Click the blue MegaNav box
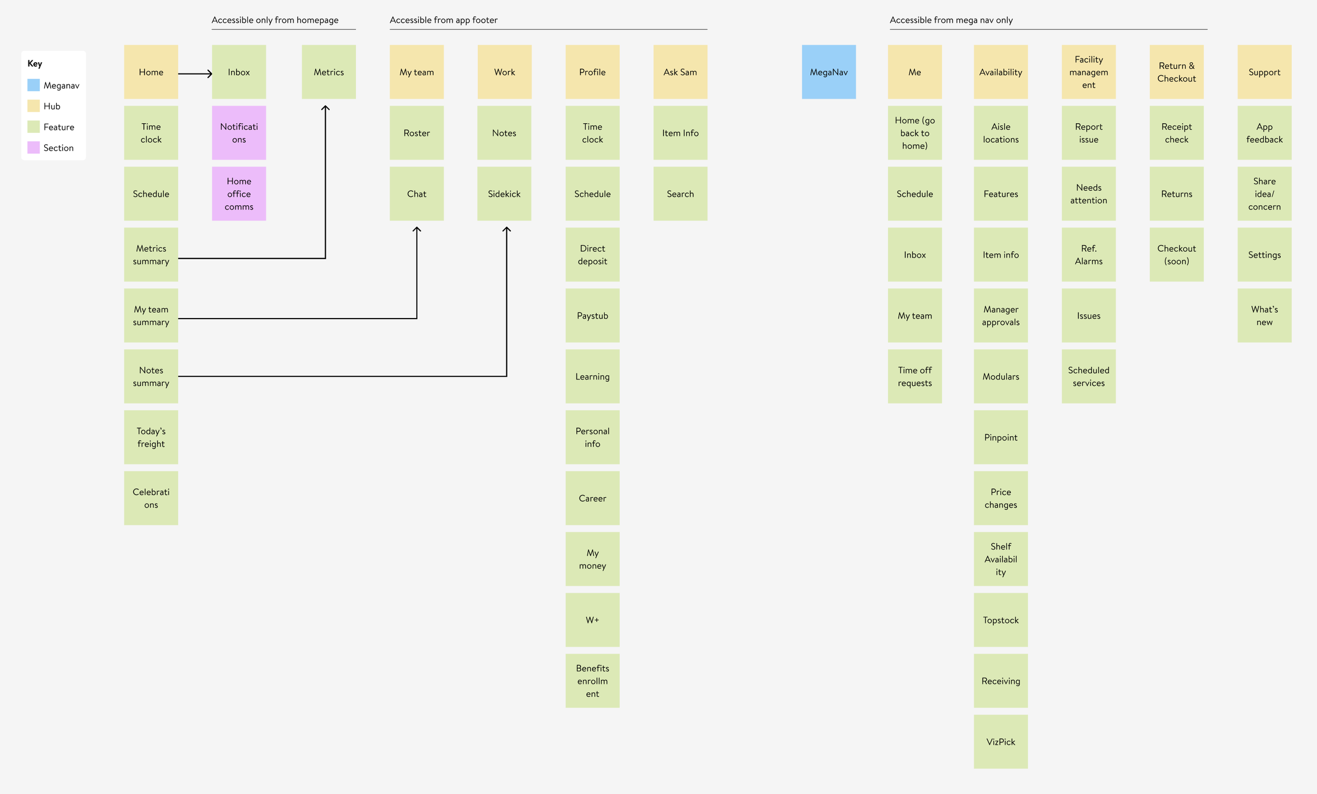[x=829, y=72]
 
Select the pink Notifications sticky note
[x=239, y=133]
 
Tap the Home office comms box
[x=239, y=194]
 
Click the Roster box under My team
[x=416, y=133]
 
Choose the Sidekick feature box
[x=504, y=194]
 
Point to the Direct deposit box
[x=592, y=255]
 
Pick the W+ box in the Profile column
[x=592, y=620]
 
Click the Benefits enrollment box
[x=592, y=681]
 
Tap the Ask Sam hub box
[x=680, y=72]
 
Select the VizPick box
[x=1000, y=742]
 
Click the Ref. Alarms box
[x=1088, y=255]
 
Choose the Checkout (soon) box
[x=1176, y=255]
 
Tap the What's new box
[x=1264, y=316]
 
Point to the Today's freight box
[x=151, y=437]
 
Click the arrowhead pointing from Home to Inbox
[x=210, y=74]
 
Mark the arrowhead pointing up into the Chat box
[x=417, y=230]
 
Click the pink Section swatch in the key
[x=34, y=147]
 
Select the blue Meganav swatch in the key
[x=34, y=85]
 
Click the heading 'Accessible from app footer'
[x=443, y=21]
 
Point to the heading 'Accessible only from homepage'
[x=275, y=21]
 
